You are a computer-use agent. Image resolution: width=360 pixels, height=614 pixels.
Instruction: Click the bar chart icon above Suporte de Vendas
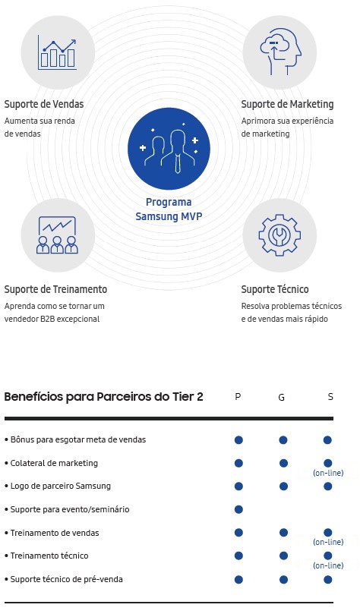pos(57,52)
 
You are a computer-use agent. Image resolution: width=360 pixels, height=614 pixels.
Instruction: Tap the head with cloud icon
pos(280,52)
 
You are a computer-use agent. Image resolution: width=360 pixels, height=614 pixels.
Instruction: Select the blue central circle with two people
pos(169,149)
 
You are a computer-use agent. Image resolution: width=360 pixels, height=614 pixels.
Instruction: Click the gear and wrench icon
pos(279,235)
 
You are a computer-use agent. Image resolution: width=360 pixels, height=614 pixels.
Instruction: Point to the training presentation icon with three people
pos(57,235)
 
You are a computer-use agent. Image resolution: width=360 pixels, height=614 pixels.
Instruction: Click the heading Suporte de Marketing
pos(287,104)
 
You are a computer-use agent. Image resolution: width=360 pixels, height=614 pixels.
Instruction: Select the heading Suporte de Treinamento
pos(55,289)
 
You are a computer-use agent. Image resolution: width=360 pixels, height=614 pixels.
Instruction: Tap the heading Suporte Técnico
pos(275,289)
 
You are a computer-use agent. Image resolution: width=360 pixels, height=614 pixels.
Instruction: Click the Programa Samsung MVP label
pos(169,209)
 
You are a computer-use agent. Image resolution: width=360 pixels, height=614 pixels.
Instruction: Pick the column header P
pos(238,397)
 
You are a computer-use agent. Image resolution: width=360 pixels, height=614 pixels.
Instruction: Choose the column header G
pos(281,397)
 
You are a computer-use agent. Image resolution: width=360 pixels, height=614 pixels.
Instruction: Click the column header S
pos(330,397)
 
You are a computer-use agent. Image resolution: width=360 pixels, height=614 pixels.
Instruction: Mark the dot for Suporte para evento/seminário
pos(238,509)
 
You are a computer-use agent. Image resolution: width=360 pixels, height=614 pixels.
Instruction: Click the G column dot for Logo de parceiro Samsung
pos(283,486)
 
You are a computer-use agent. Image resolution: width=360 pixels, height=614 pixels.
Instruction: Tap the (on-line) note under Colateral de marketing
pos(328,473)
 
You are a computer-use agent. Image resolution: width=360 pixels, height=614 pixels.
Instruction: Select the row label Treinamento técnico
pos(49,556)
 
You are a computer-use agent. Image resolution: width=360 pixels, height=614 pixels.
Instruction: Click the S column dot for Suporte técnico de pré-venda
pos(328,580)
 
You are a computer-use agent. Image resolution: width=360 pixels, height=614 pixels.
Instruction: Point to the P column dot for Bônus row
pos(238,440)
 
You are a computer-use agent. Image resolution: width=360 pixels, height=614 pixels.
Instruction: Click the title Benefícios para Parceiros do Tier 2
pos(103,397)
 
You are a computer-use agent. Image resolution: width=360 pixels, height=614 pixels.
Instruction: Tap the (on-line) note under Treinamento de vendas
pos(328,542)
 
